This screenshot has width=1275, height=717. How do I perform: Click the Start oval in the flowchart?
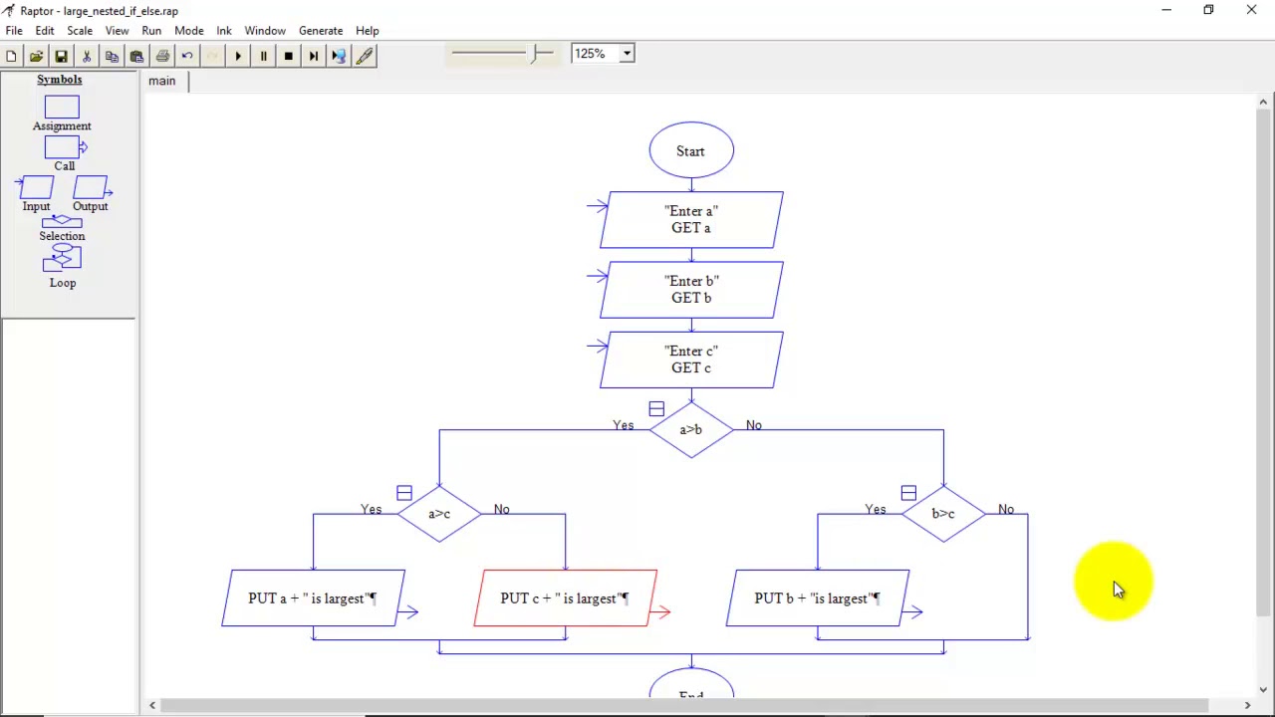[x=691, y=151]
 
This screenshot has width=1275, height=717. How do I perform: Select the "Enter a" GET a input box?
[x=691, y=220]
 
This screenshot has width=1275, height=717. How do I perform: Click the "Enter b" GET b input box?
[x=691, y=290]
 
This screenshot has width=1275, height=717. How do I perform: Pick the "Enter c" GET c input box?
[x=691, y=359]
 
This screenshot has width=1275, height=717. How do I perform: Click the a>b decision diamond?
[x=691, y=429]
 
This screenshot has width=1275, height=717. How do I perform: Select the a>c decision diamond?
[x=439, y=514]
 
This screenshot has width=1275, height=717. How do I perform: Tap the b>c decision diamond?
[x=943, y=514]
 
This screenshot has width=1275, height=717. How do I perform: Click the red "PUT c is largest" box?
[x=565, y=598]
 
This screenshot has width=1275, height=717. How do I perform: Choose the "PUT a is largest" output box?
[x=313, y=598]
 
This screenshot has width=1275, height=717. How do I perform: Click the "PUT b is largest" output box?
[x=817, y=598]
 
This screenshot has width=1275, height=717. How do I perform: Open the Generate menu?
[x=321, y=31]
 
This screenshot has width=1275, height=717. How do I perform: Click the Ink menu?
[x=224, y=31]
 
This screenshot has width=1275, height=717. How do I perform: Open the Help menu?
[x=367, y=31]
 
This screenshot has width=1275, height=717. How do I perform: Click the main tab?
[x=162, y=81]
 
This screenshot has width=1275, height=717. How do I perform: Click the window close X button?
[x=1251, y=10]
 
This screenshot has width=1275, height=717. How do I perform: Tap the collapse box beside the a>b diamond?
[x=656, y=409]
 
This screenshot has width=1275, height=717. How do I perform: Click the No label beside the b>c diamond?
[x=1006, y=510]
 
